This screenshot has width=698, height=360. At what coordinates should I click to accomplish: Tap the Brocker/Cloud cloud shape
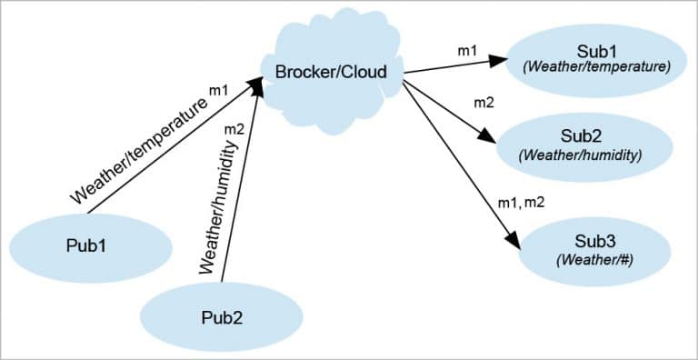tap(329, 70)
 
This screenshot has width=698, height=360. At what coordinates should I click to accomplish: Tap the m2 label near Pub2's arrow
tap(234, 129)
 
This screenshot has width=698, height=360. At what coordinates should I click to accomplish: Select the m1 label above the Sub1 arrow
tap(466, 51)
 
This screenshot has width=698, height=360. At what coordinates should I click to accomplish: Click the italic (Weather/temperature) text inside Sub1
tap(594, 66)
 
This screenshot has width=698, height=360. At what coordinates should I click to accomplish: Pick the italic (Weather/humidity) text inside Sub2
tap(580, 155)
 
